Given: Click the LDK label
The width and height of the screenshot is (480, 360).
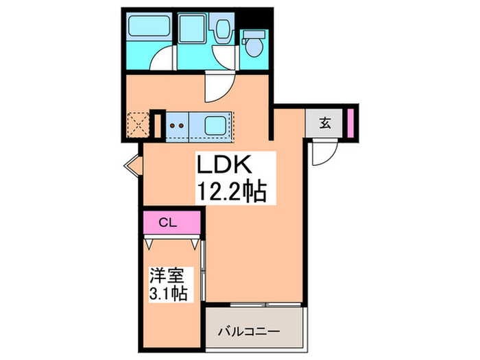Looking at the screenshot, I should [227, 165].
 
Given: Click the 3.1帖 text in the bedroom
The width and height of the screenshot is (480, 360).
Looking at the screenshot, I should [169, 293].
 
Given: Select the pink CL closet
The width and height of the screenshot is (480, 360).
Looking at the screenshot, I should [172, 222].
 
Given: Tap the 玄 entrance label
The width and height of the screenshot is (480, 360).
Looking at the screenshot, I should [326, 124].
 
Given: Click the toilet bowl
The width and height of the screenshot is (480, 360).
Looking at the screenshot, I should [256, 46].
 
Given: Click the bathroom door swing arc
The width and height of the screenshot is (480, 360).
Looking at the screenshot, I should [162, 60].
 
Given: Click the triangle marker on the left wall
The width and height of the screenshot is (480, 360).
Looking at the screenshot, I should [131, 165].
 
